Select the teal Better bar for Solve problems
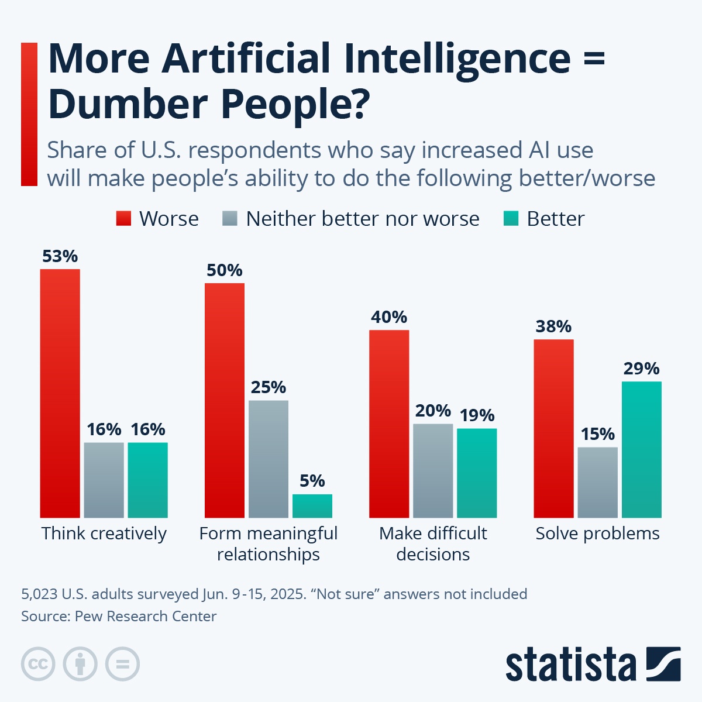(x=641, y=449)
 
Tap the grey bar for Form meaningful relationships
(x=269, y=459)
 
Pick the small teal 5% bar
(x=312, y=506)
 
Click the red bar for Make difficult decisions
(x=389, y=424)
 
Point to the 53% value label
(x=60, y=256)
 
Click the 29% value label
(x=641, y=369)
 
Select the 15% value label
(x=597, y=434)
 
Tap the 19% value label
(x=477, y=415)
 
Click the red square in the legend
(x=123, y=219)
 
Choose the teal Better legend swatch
(x=511, y=219)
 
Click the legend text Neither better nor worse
(x=362, y=219)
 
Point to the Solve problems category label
(x=597, y=534)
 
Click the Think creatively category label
(x=104, y=534)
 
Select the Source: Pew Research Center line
(x=119, y=616)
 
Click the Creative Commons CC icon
(x=38, y=664)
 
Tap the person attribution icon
(x=80, y=664)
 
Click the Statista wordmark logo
(x=570, y=665)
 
